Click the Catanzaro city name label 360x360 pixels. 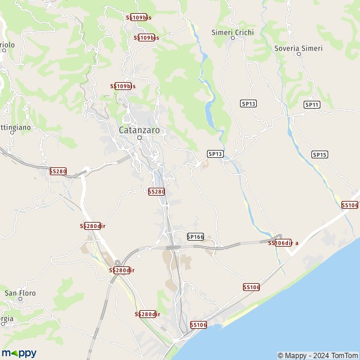pos(139,129)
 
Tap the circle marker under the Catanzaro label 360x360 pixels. pos(139,137)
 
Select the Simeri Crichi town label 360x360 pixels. pos(233,32)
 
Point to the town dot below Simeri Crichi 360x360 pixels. pos(233,38)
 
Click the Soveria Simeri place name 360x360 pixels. pos(298,48)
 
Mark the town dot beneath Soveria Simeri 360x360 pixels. pos(298,55)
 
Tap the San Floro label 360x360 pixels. pos(20,293)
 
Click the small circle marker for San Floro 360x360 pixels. pos(20,301)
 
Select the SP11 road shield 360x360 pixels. pos(311,105)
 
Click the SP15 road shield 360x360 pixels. pos(320,155)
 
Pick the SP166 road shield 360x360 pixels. pos(196,237)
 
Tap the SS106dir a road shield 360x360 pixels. pos(283,243)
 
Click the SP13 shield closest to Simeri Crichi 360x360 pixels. pos(248,104)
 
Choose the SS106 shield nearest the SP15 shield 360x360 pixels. pos(350,205)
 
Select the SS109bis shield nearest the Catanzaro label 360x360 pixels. pos(123,86)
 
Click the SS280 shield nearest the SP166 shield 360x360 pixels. pos(157,191)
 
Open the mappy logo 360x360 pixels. pos(19,353)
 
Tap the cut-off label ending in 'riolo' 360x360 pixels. pos(7,45)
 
